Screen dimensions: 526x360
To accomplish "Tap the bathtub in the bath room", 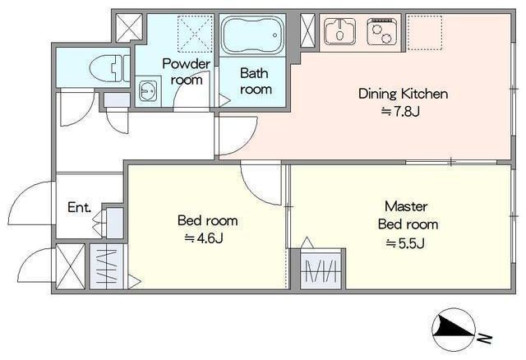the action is [x=252, y=35].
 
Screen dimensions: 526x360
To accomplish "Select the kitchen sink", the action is [x=340, y=31].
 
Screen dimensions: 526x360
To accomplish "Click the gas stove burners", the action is [x=382, y=31].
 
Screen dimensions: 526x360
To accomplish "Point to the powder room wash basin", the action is [x=148, y=90].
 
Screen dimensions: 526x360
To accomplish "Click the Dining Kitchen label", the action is [x=403, y=94].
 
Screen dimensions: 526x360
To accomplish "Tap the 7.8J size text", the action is [x=400, y=112].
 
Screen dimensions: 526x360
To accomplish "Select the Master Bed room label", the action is [x=408, y=215].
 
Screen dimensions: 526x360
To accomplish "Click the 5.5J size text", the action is [x=405, y=243].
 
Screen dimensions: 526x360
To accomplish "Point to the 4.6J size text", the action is [x=204, y=238].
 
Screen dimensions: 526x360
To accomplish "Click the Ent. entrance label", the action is [x=79, y=207].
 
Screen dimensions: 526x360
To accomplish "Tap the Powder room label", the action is [x=187, y=72].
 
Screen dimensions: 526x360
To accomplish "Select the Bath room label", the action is [x=256, y=81].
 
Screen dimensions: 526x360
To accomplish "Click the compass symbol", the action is [x=454, y=330].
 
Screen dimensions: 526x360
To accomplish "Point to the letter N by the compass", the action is [x=484, y=339].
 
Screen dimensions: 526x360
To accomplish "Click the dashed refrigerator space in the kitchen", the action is [x=424, y=33].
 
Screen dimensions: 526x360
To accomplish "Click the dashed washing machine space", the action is [x=195, y=34].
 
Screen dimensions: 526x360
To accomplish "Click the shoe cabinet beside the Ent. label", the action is [x=114, y=223].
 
